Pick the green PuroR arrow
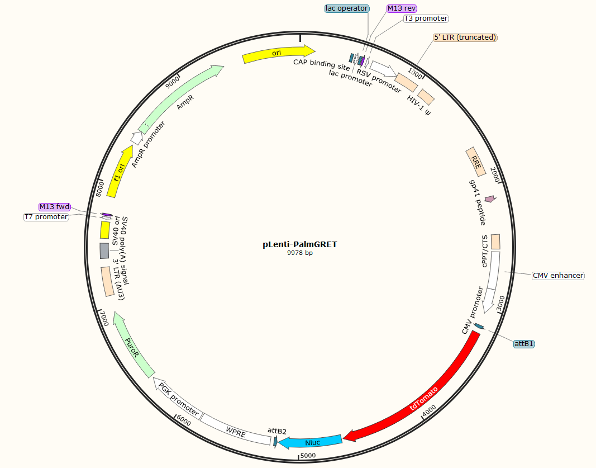[132, 343]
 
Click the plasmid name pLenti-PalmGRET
[300, 244]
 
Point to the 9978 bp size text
[300, 253]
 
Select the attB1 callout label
[523, 344]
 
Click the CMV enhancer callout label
[557, 276]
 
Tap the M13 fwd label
[55, 207]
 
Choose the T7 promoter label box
[46, 217]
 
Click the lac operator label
[346, 8]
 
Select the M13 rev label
[402, 8]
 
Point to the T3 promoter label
[426, 18]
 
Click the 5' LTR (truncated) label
[465, 37]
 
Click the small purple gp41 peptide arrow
[490, 199]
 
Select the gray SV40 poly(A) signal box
[104, 250]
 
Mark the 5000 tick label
[309, 456]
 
